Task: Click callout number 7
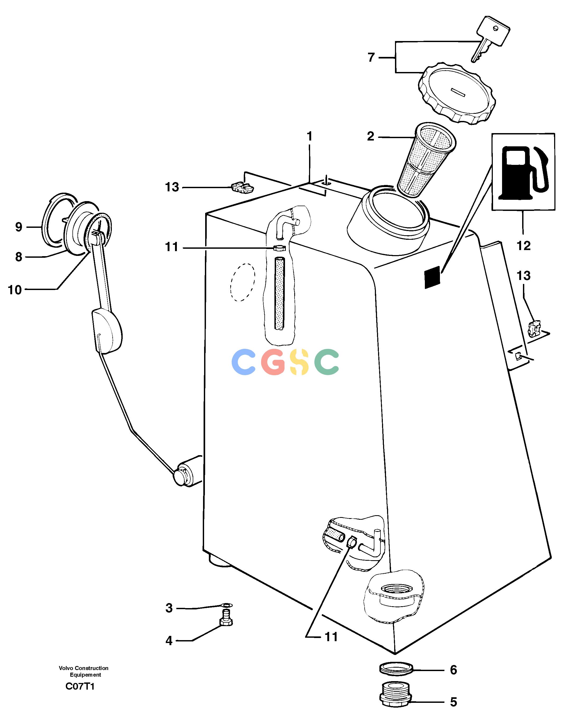(371, 57)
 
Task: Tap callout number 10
(15, 290)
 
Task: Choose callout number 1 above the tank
(310, 136)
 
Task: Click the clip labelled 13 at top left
(242, 188)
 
